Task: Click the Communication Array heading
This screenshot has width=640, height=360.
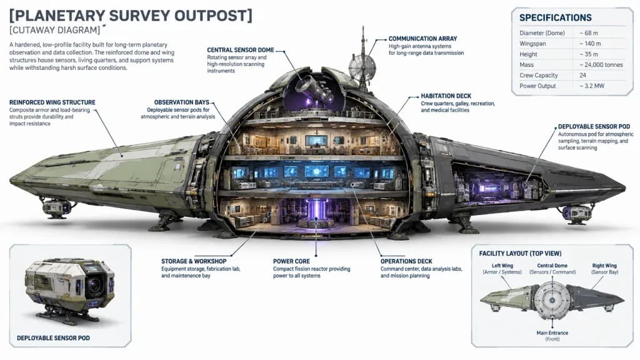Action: (422, 39)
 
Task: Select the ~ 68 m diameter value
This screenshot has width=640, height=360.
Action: (589, 33)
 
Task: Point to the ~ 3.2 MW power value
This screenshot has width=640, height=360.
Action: (591, 86)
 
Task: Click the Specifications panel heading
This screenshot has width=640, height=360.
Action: (555, 18)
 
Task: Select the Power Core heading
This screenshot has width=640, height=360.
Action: (291, 261)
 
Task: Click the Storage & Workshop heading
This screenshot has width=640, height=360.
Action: (194, 261)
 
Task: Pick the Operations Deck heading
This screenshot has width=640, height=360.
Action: (406, 261)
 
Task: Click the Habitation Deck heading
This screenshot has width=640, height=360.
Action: (446, 96)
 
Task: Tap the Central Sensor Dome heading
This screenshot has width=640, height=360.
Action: (241, 50)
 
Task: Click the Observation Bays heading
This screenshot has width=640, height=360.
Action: (182, 102)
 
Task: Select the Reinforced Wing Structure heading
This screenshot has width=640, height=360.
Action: (52, 102)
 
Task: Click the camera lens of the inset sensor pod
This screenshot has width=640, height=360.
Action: (95, 285)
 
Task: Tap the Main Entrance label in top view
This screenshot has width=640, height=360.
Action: (552, 333)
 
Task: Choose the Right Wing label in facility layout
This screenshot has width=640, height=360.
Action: (604, 266)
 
